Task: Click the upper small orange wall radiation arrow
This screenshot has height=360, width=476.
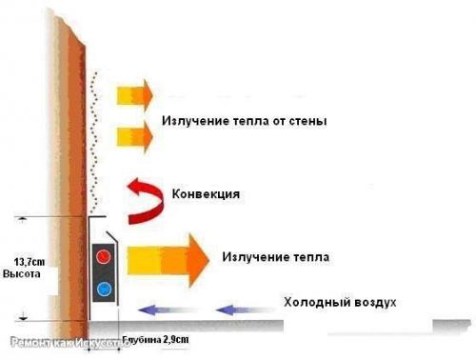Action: [x=133, y=95]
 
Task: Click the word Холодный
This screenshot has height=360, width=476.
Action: [x=316, y=303]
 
